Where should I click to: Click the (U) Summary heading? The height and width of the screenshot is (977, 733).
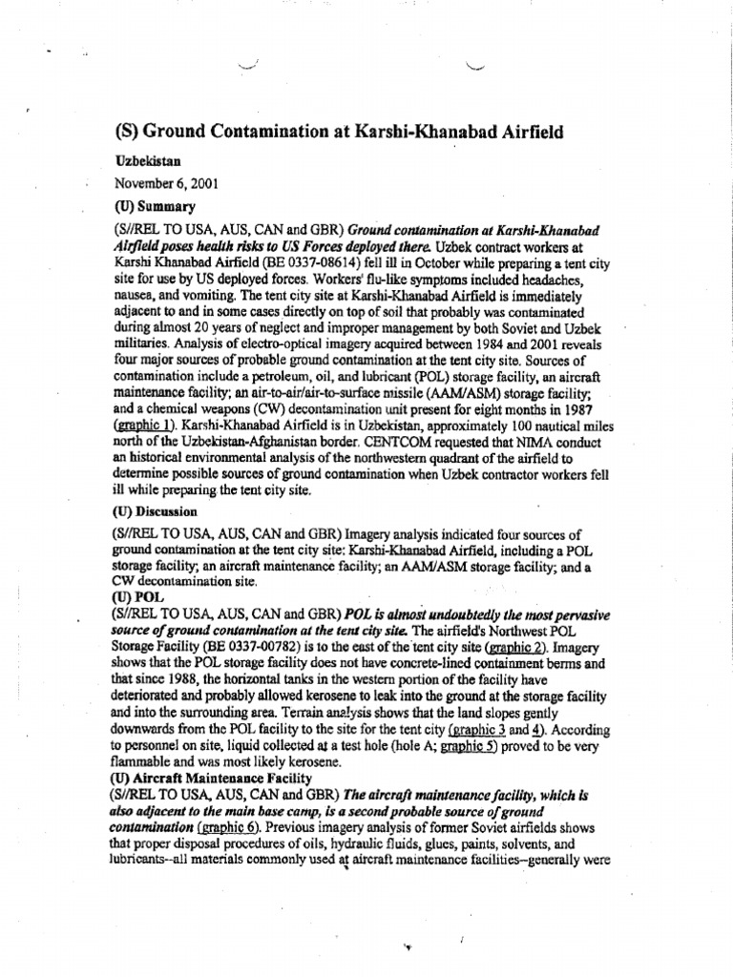(x=155, y=205)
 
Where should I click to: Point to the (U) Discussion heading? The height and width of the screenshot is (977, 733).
(x=161, y=511)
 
